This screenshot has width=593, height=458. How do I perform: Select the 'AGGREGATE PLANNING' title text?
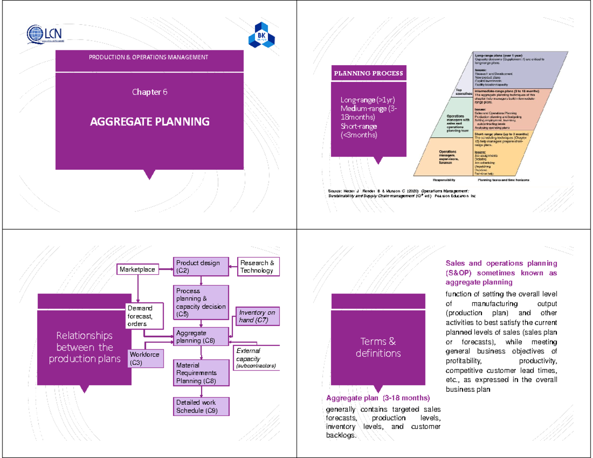click(149, 121)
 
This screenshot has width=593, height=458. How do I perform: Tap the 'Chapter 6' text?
click(149, 92)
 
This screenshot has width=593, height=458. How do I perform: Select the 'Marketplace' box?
click(137, 269)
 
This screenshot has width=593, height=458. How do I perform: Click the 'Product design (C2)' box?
click(201, 267)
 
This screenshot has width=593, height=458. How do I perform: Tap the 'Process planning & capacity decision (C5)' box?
click(201, 302)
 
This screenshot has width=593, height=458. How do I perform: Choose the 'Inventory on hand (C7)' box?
click(257, 317)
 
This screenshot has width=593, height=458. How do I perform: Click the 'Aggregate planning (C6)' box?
click(201, 337)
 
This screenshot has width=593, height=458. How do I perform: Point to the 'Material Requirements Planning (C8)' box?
click(201, 373)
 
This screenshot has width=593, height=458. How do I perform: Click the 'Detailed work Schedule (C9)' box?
click(201, 406)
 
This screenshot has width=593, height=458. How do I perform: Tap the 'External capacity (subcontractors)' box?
click(255, 358)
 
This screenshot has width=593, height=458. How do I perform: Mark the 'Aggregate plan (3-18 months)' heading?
click(378, 398)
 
